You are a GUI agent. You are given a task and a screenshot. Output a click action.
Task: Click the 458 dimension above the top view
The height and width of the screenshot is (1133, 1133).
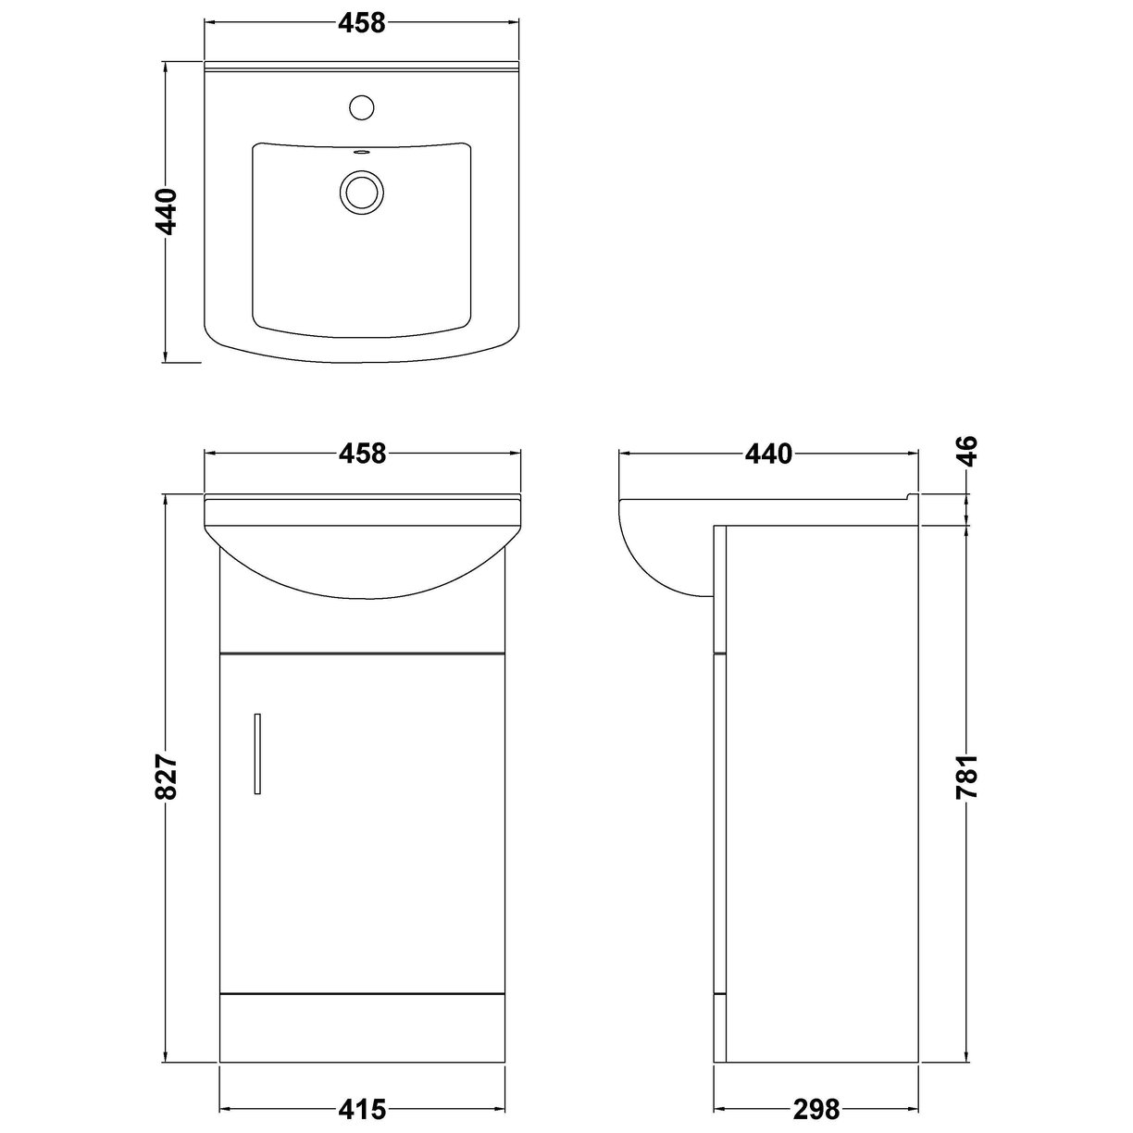pos(361,24)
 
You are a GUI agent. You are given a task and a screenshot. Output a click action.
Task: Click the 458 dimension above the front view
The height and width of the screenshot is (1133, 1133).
pos(361,454)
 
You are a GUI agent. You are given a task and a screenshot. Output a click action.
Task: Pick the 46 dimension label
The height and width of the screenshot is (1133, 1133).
pos(966,452)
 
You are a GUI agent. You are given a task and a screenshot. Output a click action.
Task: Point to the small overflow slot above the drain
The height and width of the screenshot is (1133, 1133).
pos(362,154)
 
